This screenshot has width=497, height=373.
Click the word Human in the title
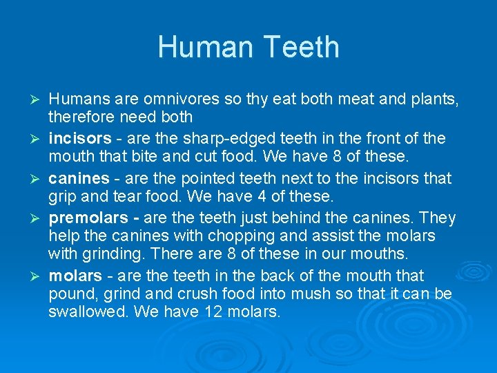pos(202,47)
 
